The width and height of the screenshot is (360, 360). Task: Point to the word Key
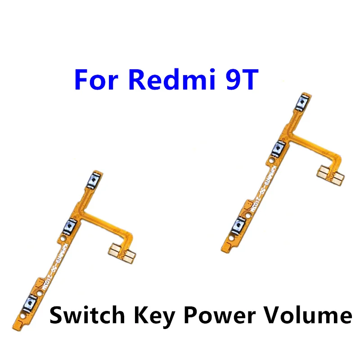147,315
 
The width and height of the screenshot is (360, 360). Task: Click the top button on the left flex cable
92,180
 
